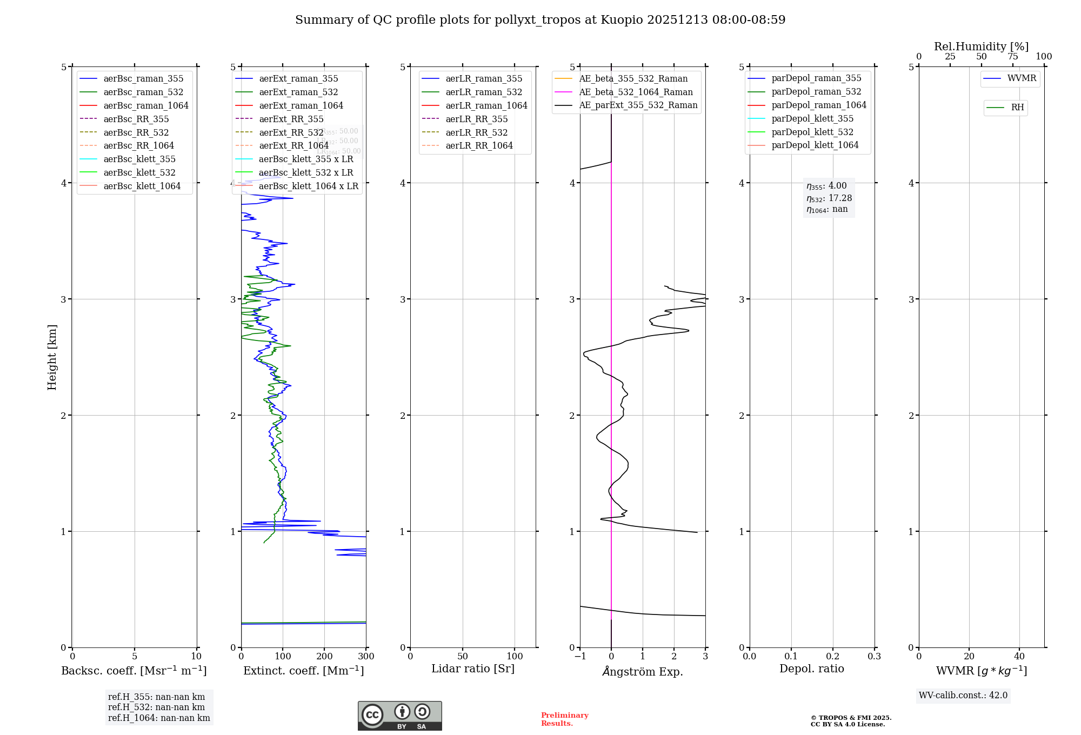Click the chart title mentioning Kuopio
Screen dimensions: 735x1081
tap(540, 20)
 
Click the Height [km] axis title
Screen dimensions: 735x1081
tap(52, 357)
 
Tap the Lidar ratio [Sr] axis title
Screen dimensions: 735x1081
tap(473, 669)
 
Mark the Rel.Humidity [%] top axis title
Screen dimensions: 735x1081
tap(981, 46)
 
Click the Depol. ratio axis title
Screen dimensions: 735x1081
tap(811, 669)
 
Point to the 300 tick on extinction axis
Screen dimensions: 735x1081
tap(366, 657)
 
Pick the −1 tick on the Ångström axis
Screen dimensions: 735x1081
tap(580, 657)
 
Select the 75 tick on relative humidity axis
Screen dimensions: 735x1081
tap(1013, 57)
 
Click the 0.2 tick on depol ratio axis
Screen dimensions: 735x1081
tap(833, 657)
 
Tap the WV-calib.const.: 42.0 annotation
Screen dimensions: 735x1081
tap(963, 695)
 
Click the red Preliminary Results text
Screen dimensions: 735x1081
tap(564, 719)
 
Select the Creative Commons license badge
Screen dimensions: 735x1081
tap(399, 716)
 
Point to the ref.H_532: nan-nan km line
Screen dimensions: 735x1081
tap(156, 707)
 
